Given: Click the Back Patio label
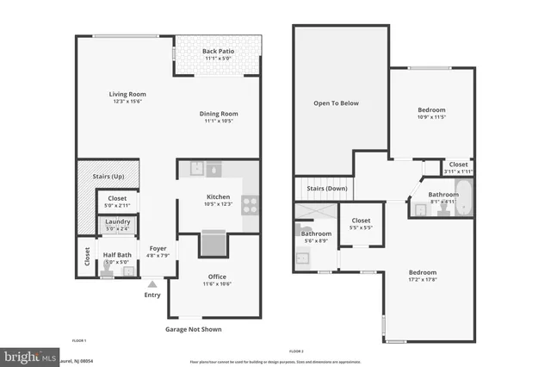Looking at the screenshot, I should [x=218, y=52].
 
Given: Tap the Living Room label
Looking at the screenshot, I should [x=127, y=94].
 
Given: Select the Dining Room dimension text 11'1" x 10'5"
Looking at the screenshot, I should [x=220, y=121].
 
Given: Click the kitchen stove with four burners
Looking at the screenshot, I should [x=251, y=205].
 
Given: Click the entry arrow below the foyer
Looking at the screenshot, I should [x=152, y=283].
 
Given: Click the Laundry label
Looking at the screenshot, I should [x=118, y=222].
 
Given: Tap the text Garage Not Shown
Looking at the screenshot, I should [x=195, y=329].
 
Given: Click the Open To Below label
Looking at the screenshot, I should [x=336, y=103].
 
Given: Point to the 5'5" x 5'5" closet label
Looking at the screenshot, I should [x=361, y=220].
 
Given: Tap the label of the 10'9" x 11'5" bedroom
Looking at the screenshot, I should [x=431, y=109].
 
